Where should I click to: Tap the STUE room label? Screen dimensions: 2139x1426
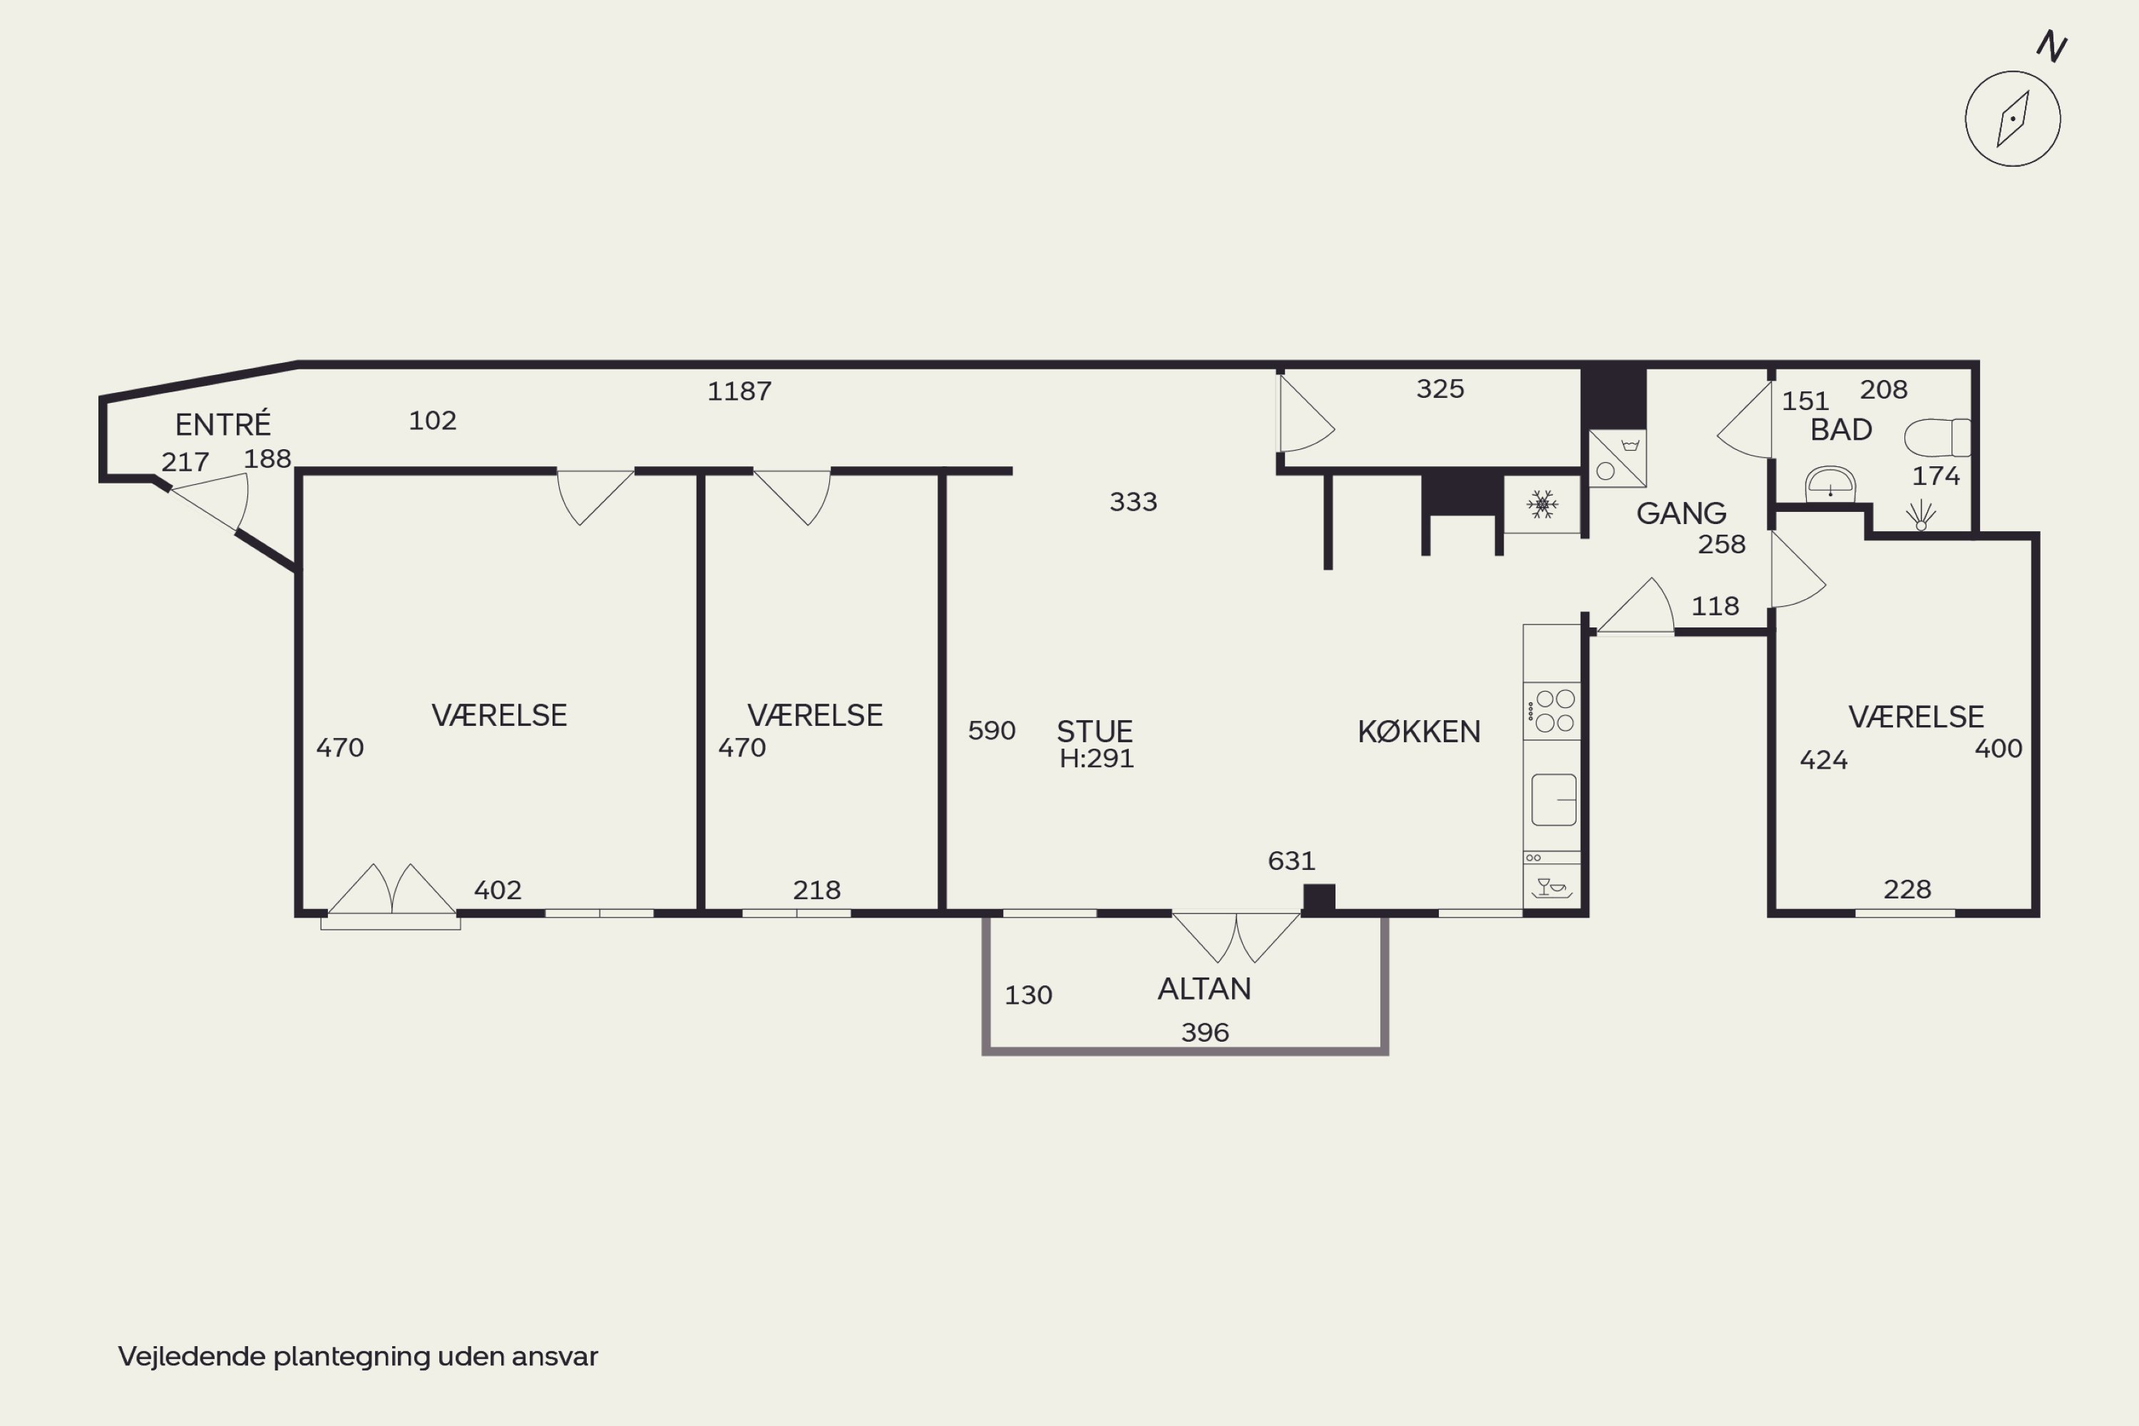tap(1094, 732)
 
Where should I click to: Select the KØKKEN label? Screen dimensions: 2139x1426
tap(1419, 732)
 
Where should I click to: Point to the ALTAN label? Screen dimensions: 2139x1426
tap(1204, 988)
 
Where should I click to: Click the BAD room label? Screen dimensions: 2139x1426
tap(1841, 429)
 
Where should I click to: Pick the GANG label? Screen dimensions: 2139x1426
tap(1681, 513)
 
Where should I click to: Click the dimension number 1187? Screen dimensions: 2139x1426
tap(739, 391)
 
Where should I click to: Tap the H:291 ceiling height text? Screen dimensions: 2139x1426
tap(1096, 759)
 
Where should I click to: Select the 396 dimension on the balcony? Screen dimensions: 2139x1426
tap(1205, 1032)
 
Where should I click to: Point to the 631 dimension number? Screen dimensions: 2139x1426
tap(1291, 861)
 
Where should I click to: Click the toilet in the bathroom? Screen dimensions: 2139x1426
tap(1937, 438)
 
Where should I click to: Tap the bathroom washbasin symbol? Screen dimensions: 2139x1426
tap(1830, 484)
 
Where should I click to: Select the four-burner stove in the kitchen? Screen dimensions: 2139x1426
tap(1551, 711)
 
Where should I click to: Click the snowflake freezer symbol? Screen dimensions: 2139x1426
tap(1542, 504)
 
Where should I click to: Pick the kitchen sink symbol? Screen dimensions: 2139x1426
tap(1554, 799)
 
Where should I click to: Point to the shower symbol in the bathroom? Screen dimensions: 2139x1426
tap(1921, 515)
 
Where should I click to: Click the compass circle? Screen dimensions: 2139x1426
tap(2013, 118)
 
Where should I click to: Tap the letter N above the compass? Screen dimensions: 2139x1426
tap(2052, 46)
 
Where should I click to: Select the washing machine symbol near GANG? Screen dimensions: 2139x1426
tap(1617, 458)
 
